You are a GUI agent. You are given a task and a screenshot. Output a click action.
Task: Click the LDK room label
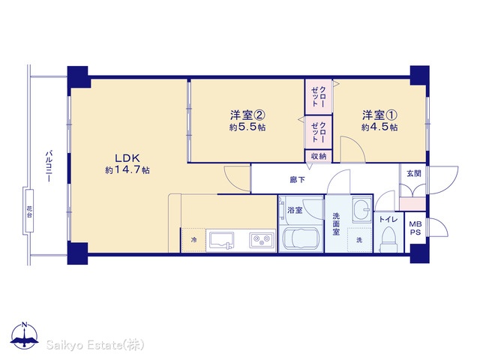[x=127, y=158]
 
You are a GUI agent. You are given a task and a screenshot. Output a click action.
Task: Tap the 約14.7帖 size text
[x=127, y=170]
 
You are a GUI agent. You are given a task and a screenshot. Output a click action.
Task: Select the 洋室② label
[x=247, y=115]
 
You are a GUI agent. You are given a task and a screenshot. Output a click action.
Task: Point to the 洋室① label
[x=379, y=115]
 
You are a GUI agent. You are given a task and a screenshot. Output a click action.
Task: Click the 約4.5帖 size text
[x=379, y=127]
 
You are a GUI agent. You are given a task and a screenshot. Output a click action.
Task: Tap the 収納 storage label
[x=319, y=156]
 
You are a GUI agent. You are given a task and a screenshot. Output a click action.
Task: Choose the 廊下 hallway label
[x=298, y=180]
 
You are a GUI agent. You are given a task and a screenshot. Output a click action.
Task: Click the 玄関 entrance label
[x=414, y=173]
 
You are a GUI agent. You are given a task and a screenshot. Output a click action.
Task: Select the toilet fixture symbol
[x=389, y=240]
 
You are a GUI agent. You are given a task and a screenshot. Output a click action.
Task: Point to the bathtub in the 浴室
[x=301, y=239]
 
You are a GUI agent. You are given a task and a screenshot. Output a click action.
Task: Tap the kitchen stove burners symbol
[x=262, y=240]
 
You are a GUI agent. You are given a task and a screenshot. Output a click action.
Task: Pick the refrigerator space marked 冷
[x=193, y=240]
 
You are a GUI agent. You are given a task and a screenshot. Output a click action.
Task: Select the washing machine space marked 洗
[x=360, y=240]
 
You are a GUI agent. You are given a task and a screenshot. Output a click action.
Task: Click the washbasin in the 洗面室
[x=362, y=209]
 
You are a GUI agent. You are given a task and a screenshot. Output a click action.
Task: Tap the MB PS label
[x=415, y=228]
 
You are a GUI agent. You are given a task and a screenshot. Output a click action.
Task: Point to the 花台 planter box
[x=29, y=211]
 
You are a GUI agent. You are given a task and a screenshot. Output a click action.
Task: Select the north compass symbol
[x=25, y=336]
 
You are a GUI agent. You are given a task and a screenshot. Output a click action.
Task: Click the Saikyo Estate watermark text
[x=95, y=345]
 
